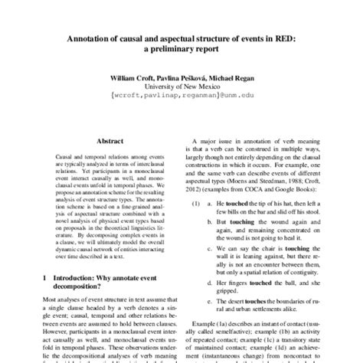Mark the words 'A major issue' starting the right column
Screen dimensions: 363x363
(x=231, y=142)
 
